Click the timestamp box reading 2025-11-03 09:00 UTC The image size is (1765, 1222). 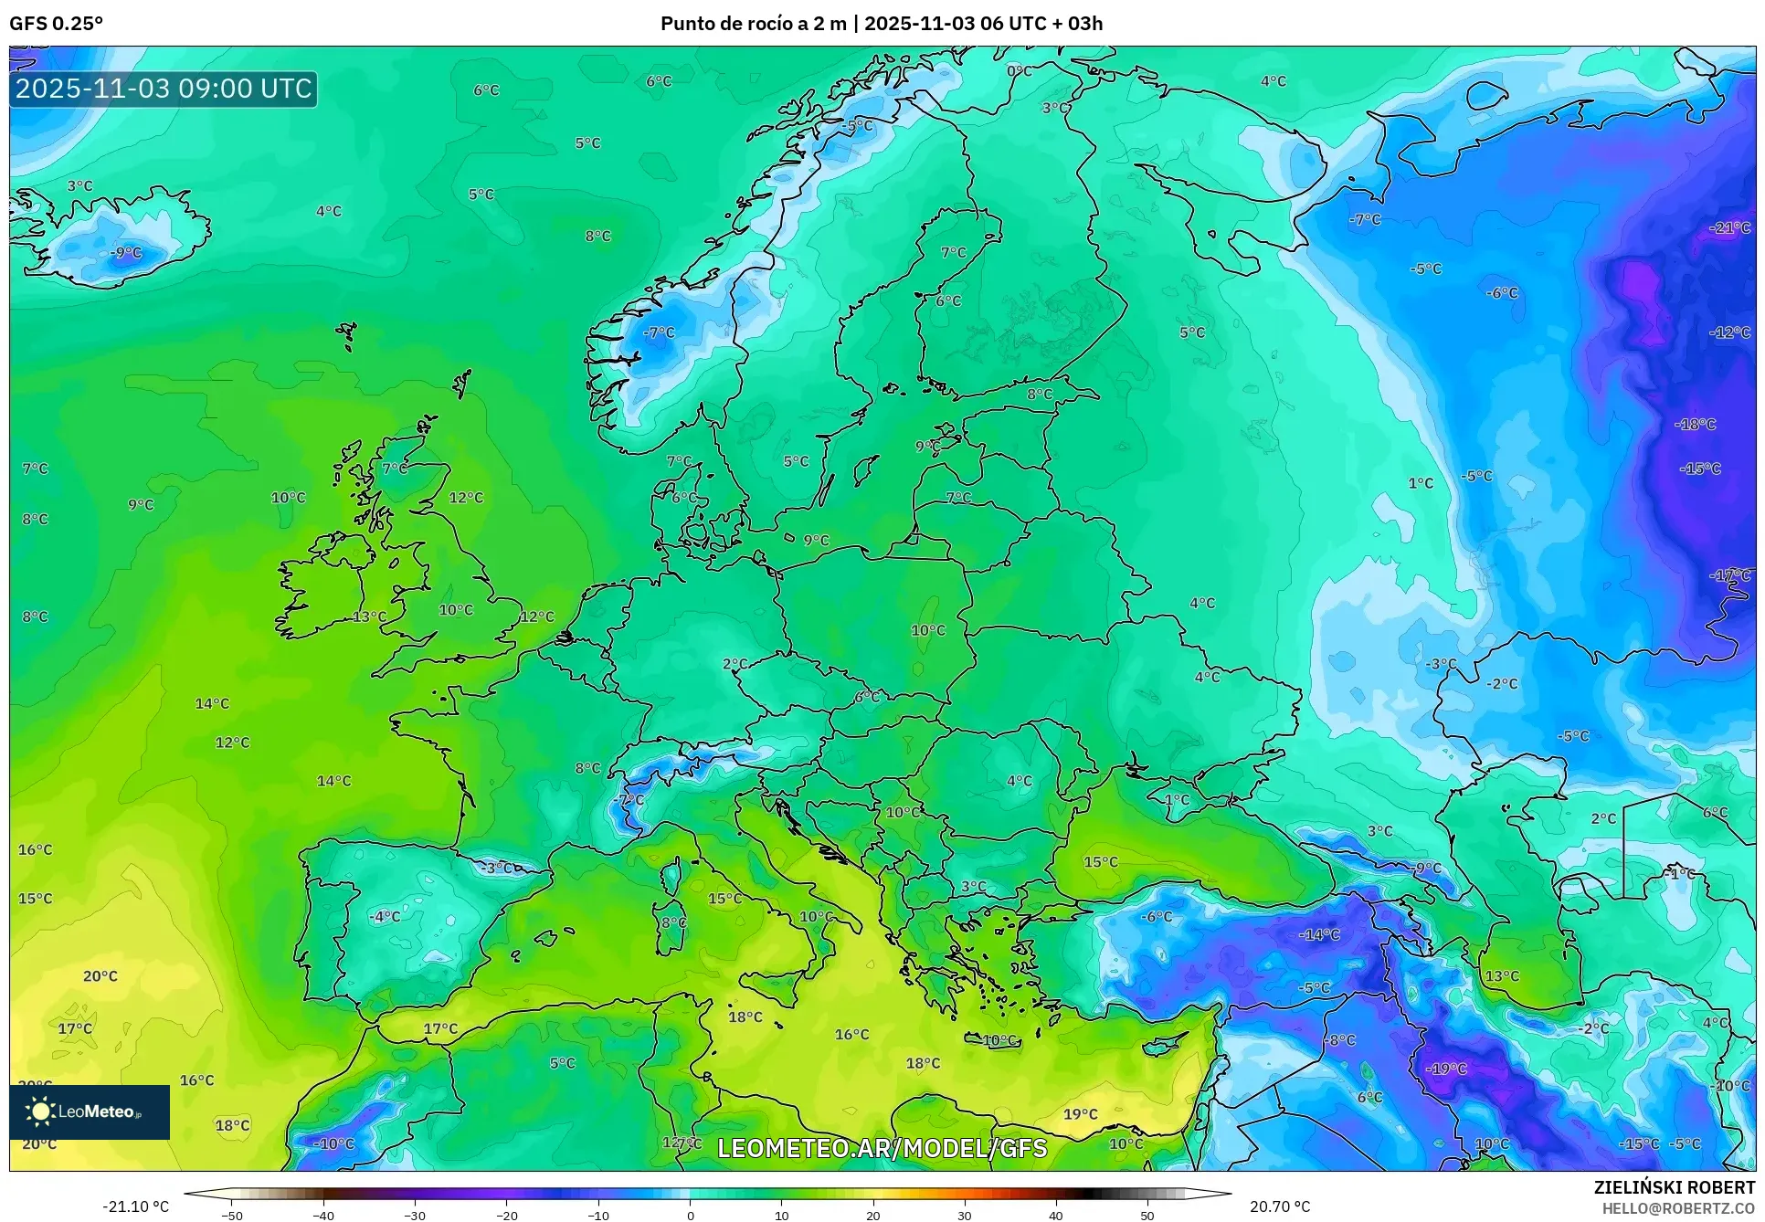click(x=164, y=89)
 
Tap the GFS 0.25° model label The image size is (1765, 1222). click(x=56, y=24)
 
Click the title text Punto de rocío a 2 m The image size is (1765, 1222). click(x=753, y=24)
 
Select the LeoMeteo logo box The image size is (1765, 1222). click(x=90, y=1111)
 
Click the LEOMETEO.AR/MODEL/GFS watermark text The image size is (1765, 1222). click(x=882, y=1148)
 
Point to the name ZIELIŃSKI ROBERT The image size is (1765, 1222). click(x=1674, y=1187)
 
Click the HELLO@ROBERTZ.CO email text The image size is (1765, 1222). click(x=1678, y=1208)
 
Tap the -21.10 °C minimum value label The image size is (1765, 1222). click(x=135, y=1206)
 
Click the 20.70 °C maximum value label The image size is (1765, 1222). click(x=1279, y=1206)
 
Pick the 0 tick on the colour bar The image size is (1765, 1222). click(x=690, y=1215)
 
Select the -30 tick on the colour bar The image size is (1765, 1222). click(x=415, y=1215)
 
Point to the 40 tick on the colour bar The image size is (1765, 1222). click(x=1055, y=1215)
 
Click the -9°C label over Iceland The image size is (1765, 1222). click(x=126, y=252)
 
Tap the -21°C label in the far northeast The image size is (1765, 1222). click(x=1729, y=227)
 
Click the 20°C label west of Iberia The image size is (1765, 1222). click(x=100, y=975)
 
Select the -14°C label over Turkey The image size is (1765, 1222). click(x=1319, y=934)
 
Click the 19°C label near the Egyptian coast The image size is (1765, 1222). click(x=1080, y=1113)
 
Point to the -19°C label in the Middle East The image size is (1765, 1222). click(x=1446, y=1069)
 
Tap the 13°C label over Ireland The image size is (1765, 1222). click(x=369, y=616)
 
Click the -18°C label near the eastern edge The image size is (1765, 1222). click(x=1695, y=424)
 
